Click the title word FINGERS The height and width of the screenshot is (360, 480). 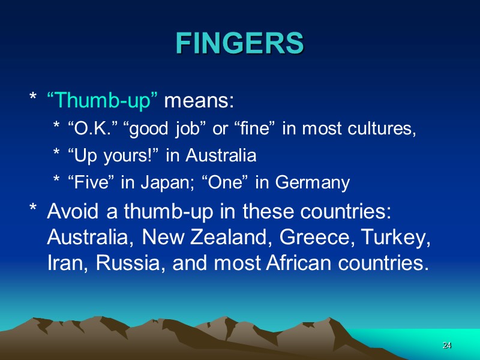[240, 43]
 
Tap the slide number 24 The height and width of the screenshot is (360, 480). [446, 346]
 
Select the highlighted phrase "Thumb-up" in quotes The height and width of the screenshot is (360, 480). [103, 101]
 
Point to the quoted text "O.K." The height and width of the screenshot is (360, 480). [91, 129]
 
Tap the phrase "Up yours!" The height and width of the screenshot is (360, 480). [113, 156]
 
